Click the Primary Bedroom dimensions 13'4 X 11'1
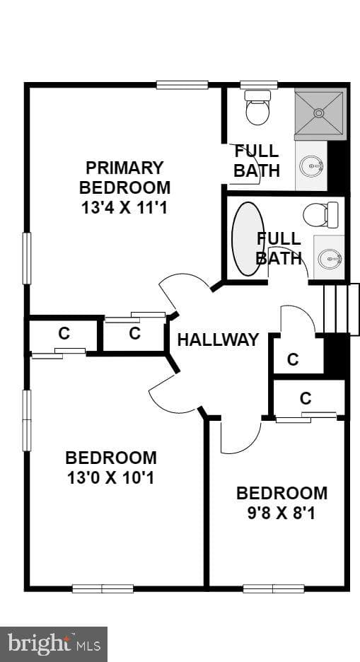[x=125, y=207]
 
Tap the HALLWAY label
[x=218, y=339]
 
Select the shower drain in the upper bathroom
[x=319, y=112]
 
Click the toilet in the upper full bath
[x=257, y=108]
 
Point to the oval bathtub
[x=248, y=239]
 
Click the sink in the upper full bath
[x=311, y=165]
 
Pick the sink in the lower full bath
[x=330, y=258]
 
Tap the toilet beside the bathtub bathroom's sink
[x=321, y=214]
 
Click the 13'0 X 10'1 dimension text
[x=111, y=478]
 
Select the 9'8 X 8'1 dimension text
[x=281, y=513]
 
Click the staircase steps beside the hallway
[x=342, y=310]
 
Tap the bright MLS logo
[x=54, y=644]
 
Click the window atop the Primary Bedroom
[x=182, y=85]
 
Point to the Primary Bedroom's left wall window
[x=27, y=258]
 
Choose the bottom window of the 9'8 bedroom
[x=274, y=588]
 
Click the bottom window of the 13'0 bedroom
[x=103, y=588]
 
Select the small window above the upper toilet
[x=259, y=85]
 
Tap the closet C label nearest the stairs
[x=293, y=359]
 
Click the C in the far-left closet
[x=64, y=334]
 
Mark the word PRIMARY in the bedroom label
[x=124, y=168]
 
